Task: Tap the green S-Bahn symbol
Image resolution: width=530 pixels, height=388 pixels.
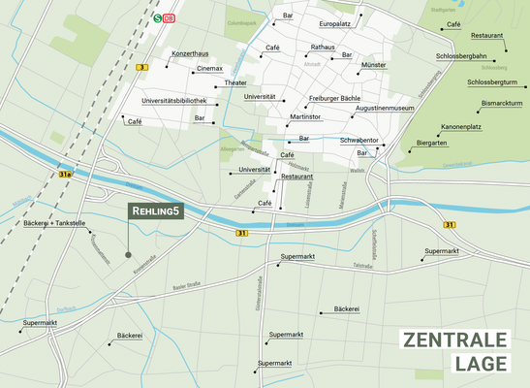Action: tap(158, 17)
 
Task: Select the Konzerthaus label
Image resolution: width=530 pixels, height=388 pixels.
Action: tap(190, 53)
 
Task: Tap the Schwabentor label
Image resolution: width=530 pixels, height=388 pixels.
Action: tap(359, 140)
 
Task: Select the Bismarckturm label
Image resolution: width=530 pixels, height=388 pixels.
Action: tap(502, 103)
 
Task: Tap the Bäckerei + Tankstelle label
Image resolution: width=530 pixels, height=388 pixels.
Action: tap(55, 223)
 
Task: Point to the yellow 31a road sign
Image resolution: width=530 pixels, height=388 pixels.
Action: tap(65, 175)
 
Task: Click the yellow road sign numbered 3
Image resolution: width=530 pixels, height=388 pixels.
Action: tap(142, 67)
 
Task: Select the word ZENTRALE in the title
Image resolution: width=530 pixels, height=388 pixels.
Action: tap(454, 340)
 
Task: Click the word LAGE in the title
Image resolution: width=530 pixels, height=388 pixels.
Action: tap(480, 365)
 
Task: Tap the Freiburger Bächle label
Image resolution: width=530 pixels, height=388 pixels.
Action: tap(334, 99)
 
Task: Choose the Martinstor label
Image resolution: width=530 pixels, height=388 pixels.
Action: tap(305, 116)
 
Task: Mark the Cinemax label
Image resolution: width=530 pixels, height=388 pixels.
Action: tap(209, 69)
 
